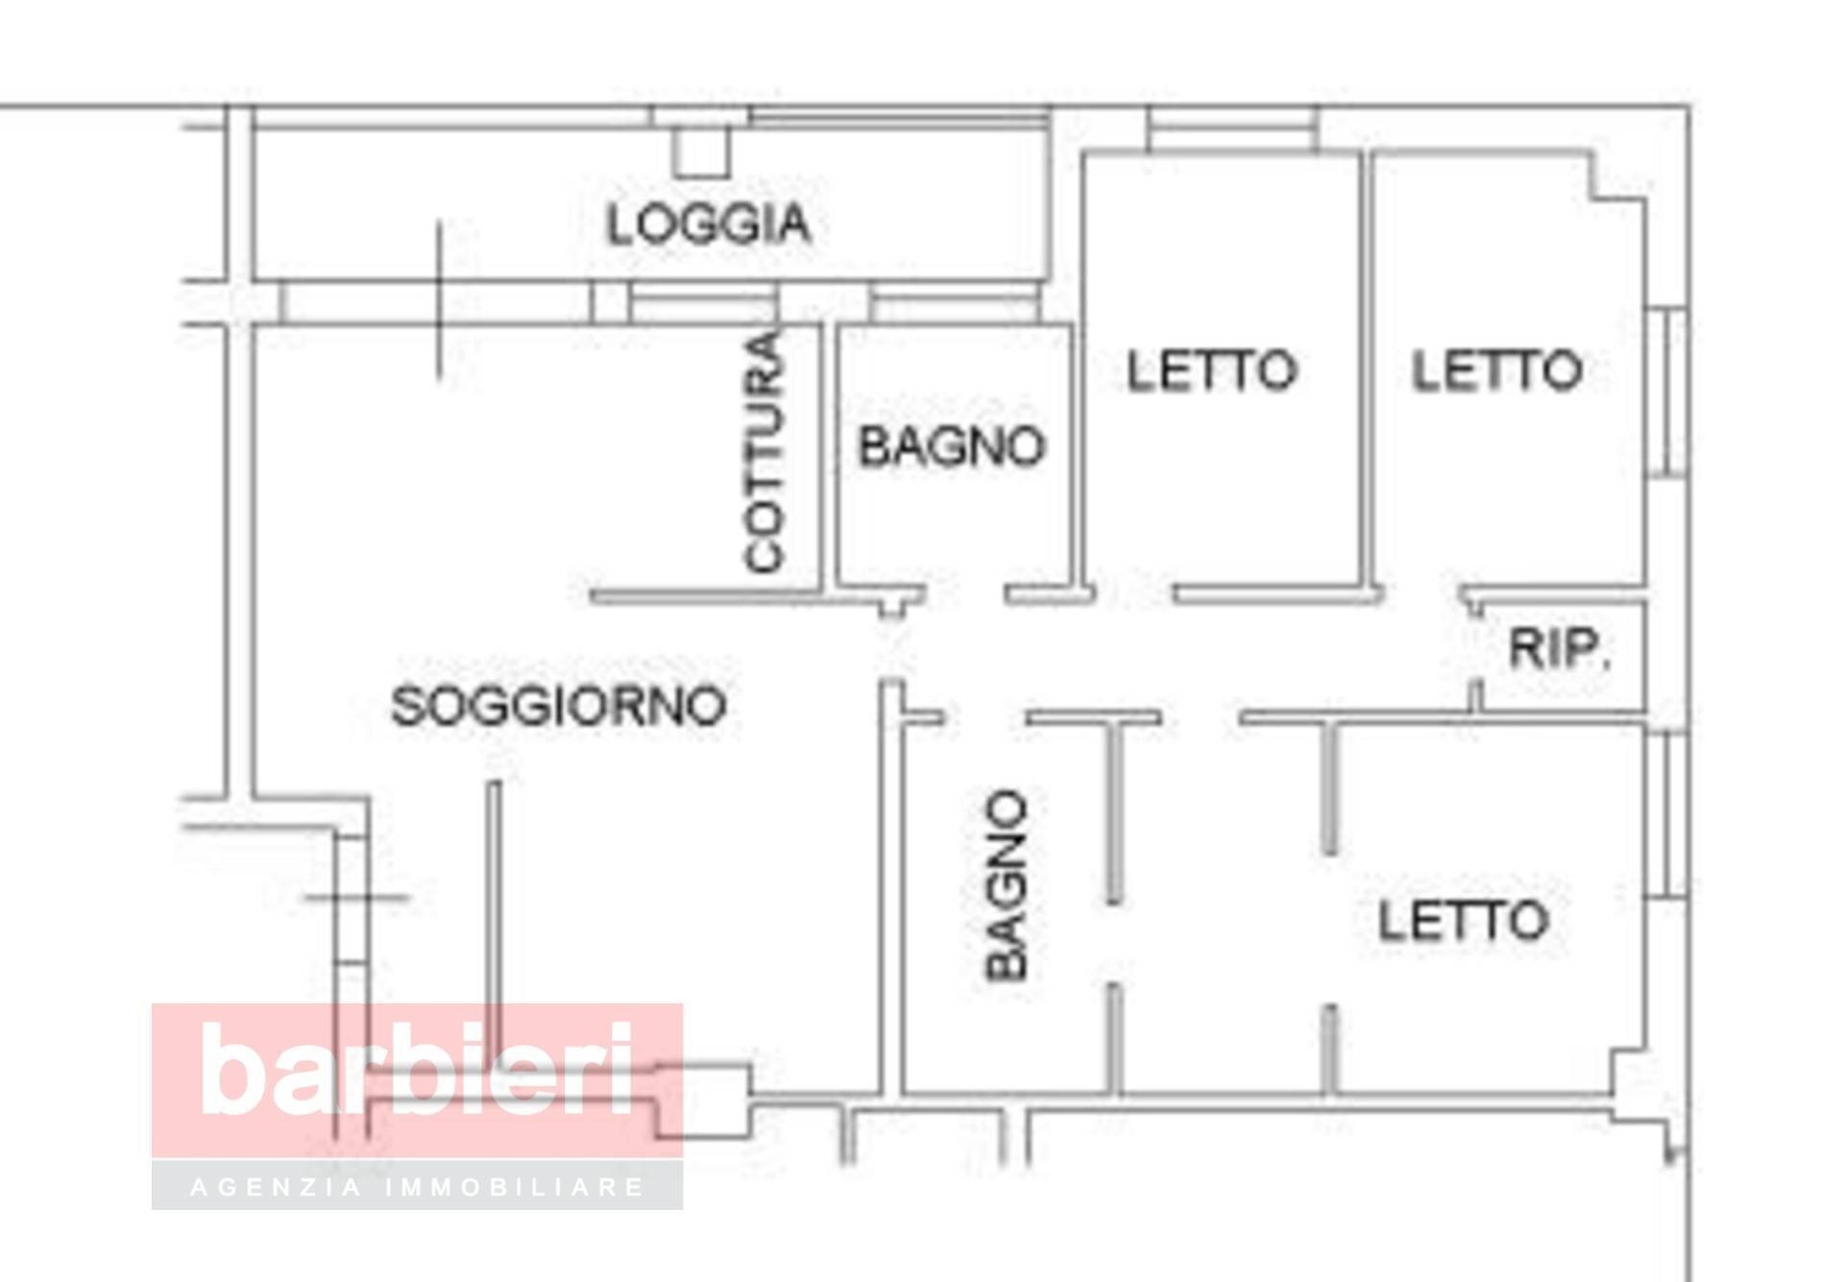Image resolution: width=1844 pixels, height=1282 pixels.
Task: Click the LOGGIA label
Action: point(709,224)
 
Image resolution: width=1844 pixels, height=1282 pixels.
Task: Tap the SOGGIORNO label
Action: point(558,707)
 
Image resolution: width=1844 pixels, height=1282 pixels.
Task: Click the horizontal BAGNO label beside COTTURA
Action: point(951,447)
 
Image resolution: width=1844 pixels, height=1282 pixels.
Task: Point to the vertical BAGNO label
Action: point(1007,885)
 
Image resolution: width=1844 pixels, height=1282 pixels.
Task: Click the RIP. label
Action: point(1560,649)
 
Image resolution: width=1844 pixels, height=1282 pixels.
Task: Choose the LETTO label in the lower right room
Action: point(1463,921)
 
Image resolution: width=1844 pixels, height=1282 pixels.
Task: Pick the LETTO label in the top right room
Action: point(1496,371)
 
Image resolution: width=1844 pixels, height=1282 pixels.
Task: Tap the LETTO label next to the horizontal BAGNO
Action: point(1211,371)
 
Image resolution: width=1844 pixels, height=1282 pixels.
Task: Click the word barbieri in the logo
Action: point(418,1069)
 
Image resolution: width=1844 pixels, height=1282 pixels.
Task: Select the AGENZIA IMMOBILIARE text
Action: point(418,1187)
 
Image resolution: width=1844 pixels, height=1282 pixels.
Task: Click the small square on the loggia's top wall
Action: point(701,153)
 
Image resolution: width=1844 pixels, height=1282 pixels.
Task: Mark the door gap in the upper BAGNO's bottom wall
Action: point(965,595)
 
